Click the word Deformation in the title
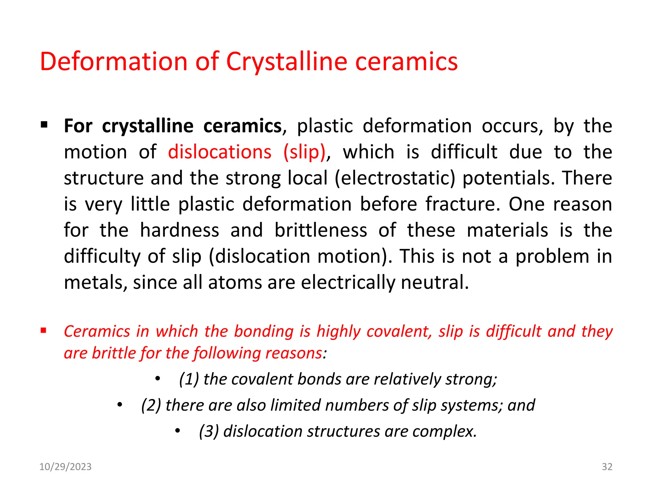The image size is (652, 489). point(114,61)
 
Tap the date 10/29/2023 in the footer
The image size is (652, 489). point(65,467)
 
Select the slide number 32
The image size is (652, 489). point(607,467)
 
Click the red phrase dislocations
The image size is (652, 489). point(220,152)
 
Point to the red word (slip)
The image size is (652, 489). point(304,152)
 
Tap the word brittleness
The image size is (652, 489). point(321,230)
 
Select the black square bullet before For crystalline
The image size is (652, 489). point(44,124)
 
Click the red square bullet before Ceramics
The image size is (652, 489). point(43,330)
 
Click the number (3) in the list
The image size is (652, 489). point(209,431)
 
